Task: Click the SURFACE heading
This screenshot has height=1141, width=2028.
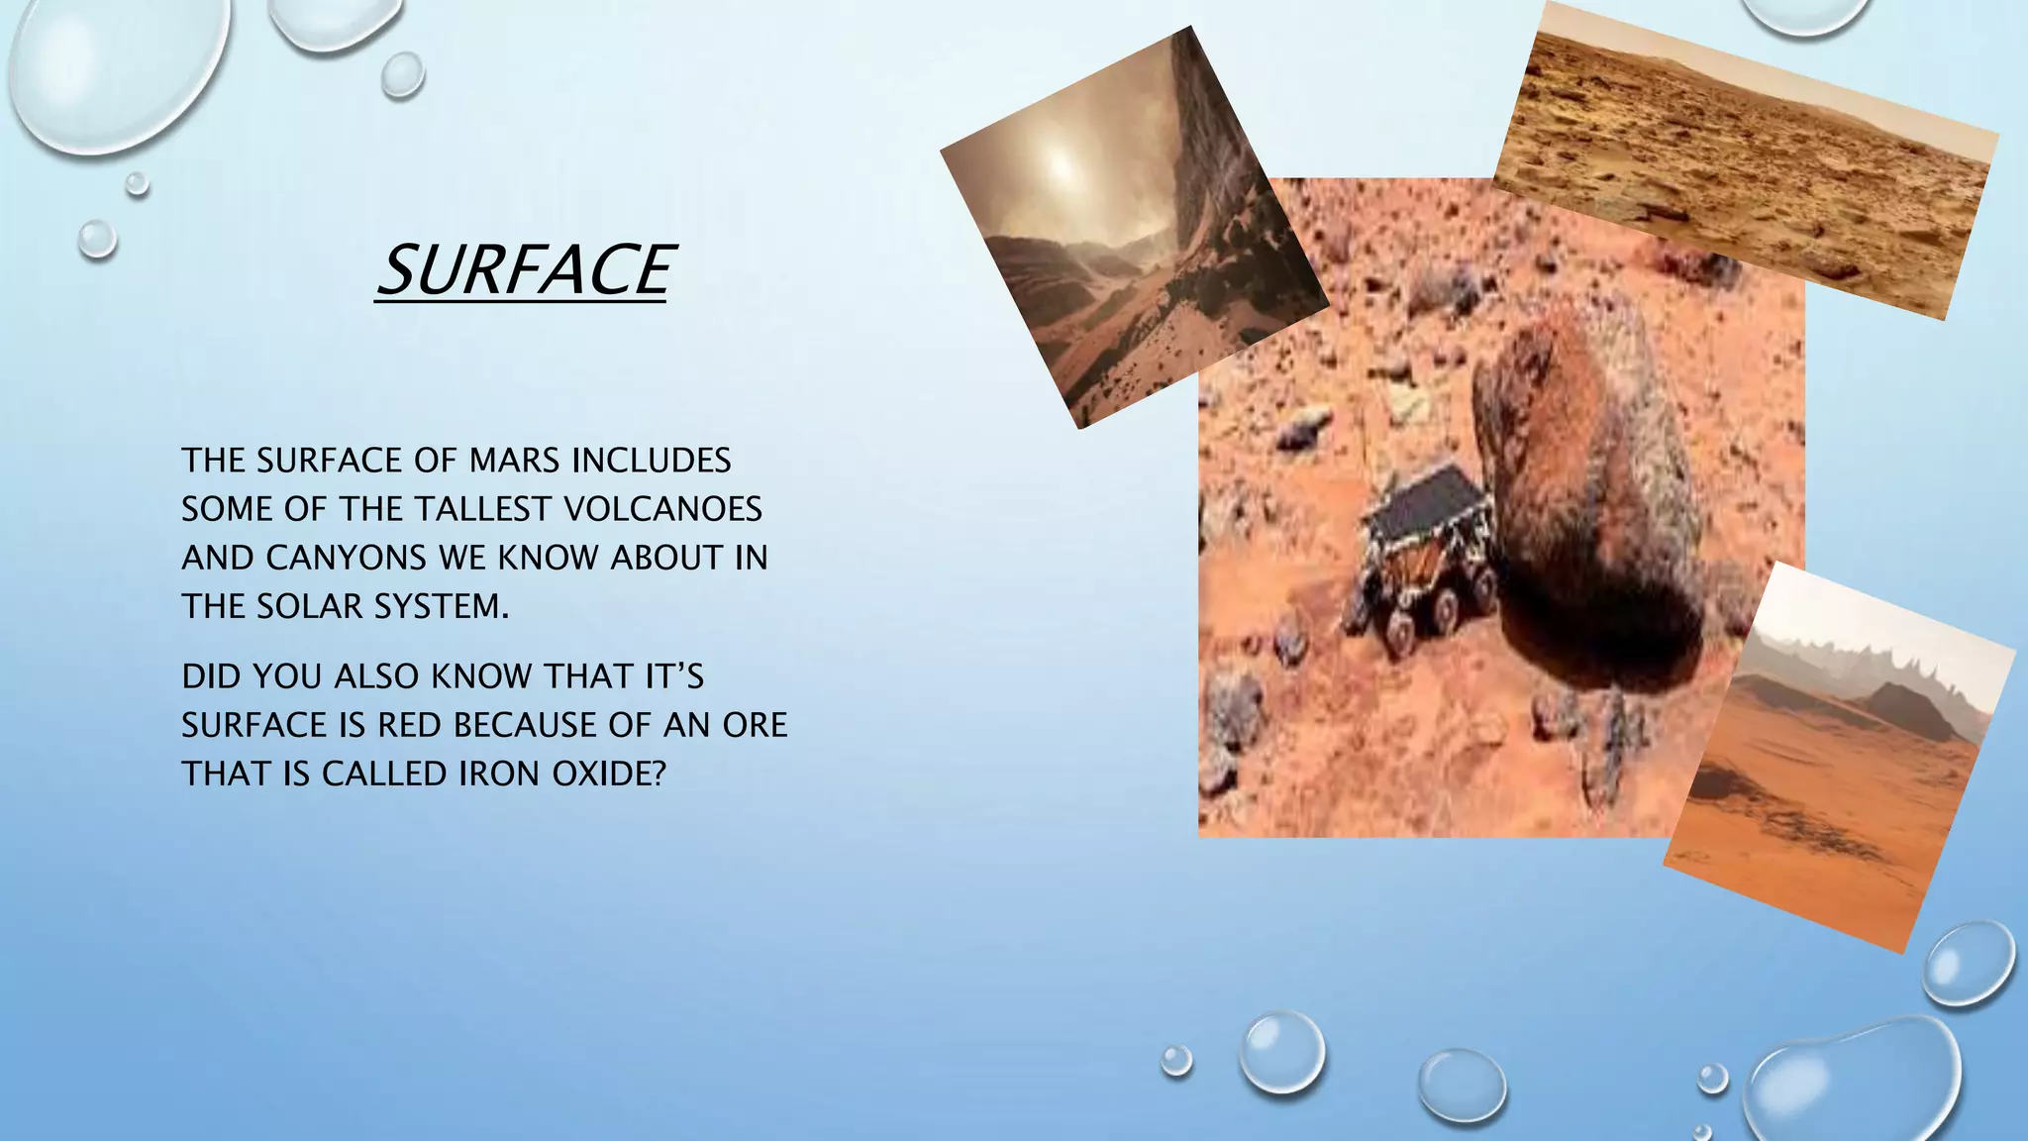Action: coord(525,270)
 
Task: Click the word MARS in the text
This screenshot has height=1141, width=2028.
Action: coord(514,461)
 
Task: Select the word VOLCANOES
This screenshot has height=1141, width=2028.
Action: coord(662,509)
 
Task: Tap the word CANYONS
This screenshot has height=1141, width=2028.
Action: coord(348,558)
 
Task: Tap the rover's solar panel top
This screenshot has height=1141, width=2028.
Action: coord(1427,500)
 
